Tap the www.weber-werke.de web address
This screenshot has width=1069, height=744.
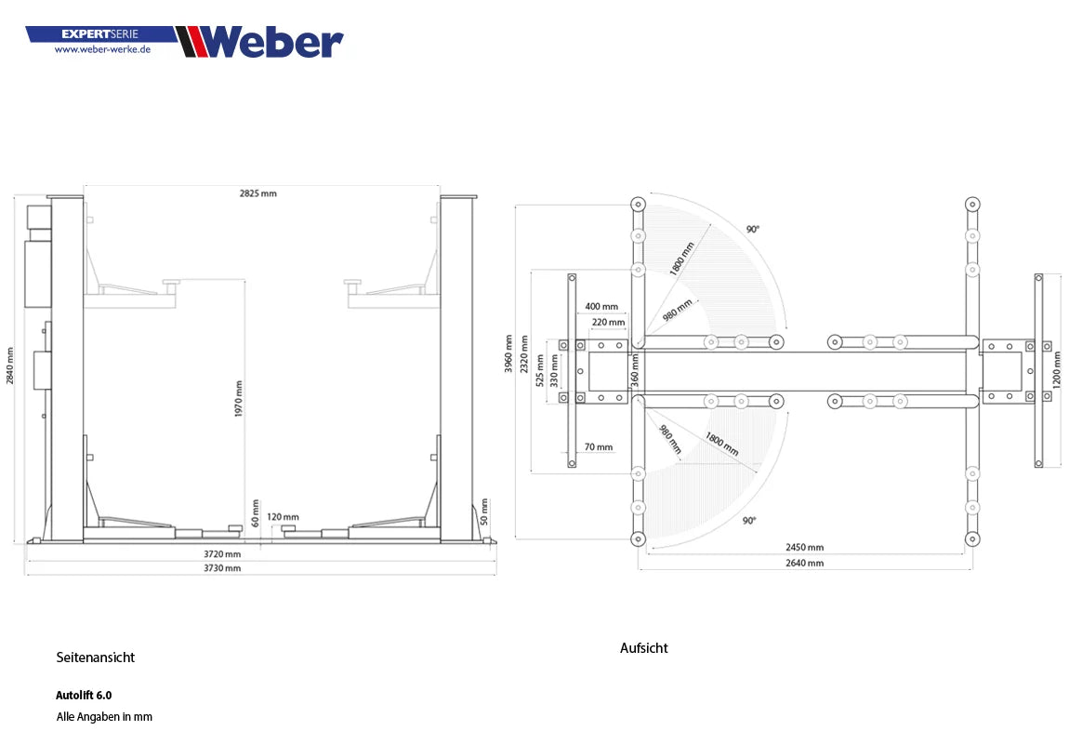(x=102, y=49)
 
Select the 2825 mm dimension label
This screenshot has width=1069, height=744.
(x=257, y=193)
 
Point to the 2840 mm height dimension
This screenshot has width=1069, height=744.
(x=10, y=366)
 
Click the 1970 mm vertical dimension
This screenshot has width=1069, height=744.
(x=239, y=398)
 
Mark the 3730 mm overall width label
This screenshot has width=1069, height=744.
(x=222, y=567)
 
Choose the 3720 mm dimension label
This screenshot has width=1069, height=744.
(x=222, y=554)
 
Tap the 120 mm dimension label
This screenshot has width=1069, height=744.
(x=283, y=517)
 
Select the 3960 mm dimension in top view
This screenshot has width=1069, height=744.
(x=508, y=353)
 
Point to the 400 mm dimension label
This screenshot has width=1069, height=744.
(x=601, y=306)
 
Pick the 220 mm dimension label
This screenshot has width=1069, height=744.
(x=608, y=322)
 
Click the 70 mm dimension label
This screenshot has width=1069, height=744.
(x=599, y=447)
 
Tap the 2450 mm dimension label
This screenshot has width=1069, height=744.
(x=804, y=548)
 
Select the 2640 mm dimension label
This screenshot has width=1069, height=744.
(x=804, y=563)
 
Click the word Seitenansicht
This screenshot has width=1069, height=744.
(x=95, y=658)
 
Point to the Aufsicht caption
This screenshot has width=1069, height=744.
(x=643, y=648)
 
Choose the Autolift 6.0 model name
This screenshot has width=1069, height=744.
(x=84, y=695)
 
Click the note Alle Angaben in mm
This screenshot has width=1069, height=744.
(x=104, y=717)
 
